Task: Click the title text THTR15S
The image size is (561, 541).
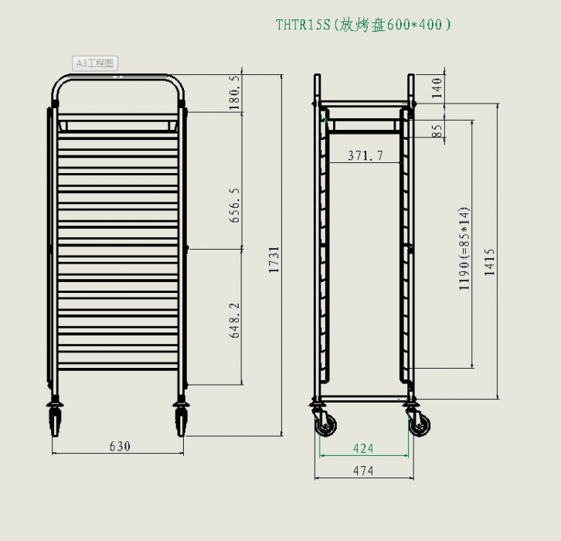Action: pos(303,24)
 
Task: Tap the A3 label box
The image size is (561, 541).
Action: pos(95,63)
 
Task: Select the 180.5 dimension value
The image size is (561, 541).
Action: pos(236,94)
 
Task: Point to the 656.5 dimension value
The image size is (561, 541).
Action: pos(236,205)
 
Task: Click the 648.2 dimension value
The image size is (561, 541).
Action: pos(236,320)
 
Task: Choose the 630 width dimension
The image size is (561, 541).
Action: pos(120,446)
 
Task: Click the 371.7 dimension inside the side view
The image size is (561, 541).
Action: pos(365,155)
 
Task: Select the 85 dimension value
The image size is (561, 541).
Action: pos(437,131)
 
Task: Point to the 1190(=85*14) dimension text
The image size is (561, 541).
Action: pos(464,248)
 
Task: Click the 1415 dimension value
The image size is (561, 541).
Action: pos(490,264)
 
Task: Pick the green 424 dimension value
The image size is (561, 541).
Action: pos(363,448)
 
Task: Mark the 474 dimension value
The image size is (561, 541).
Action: pos(363,471)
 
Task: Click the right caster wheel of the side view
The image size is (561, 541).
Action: pos(420,424)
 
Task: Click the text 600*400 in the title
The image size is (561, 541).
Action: pos(418,24)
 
